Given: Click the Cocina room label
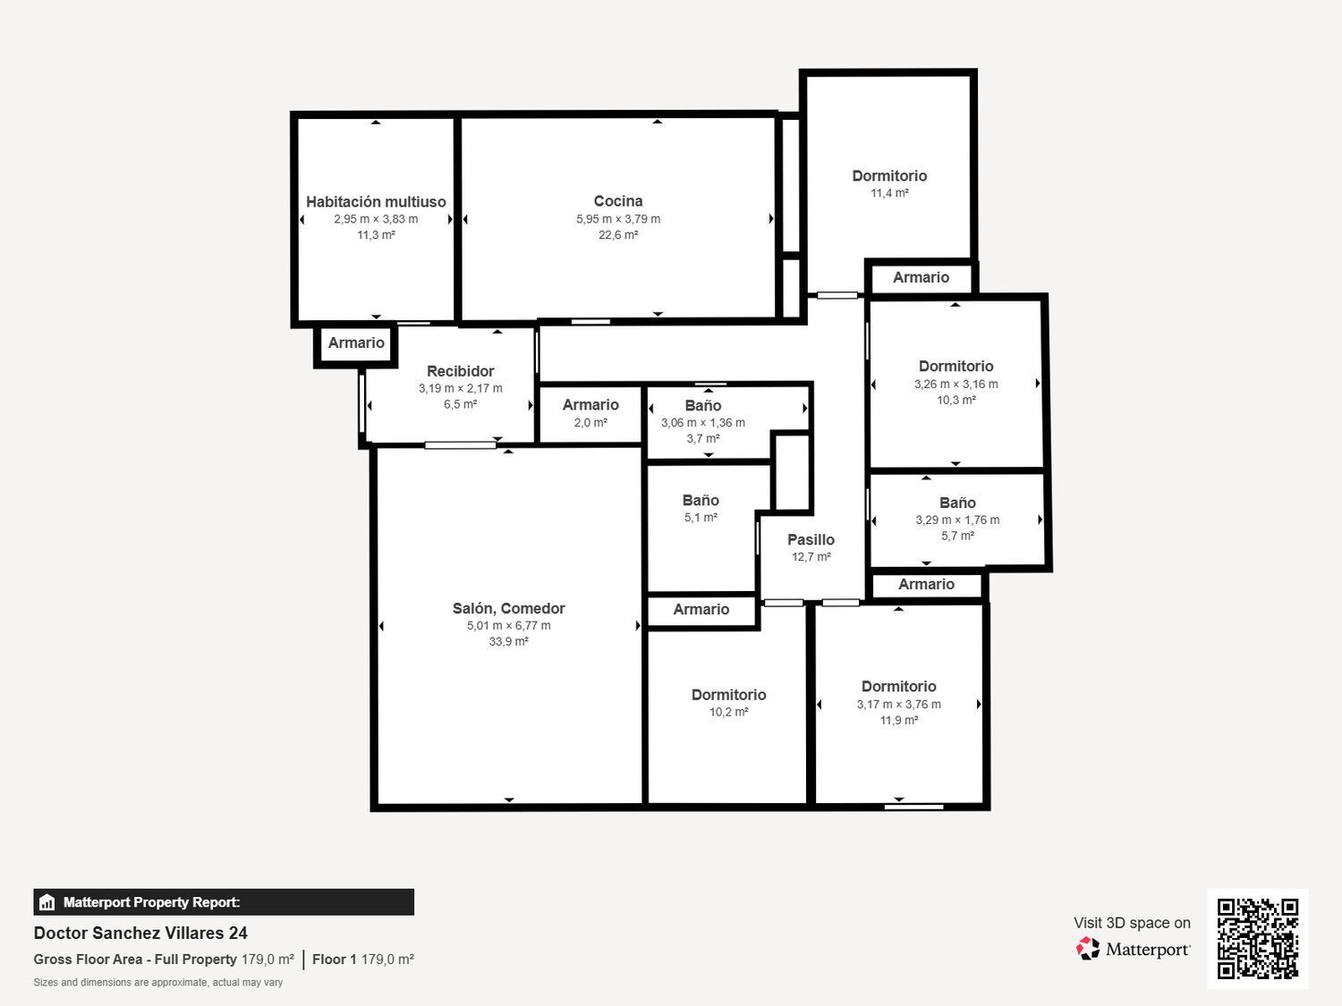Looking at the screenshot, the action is (618, 201).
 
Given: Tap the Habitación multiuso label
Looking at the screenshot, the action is (376, 201).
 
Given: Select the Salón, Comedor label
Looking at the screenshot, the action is (509, 608).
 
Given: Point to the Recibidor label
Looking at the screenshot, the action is (461, 371).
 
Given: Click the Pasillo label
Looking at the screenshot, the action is (811, 539).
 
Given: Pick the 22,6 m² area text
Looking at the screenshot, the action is (618, 235).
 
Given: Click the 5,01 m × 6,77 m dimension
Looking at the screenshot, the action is (509, 625).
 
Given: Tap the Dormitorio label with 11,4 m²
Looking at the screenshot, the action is (889, 176).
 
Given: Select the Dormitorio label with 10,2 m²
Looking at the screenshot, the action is (729, 695).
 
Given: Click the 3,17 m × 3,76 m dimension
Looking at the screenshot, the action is (899, 705).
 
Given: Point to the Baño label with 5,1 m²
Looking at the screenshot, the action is (701, 500).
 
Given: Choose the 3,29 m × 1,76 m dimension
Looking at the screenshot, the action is (957, 520).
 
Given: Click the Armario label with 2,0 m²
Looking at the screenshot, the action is (590, 405).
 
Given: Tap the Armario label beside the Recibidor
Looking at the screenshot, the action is (356, 342).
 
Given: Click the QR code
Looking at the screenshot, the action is (1258, 938).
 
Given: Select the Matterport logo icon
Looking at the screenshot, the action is (1088, 949).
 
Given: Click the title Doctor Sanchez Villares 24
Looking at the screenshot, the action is (140, 934).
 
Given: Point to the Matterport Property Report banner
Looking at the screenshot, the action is (224, 902).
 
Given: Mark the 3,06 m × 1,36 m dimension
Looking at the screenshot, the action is (703, 423).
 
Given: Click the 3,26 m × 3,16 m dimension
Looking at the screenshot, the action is (956, 385).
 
